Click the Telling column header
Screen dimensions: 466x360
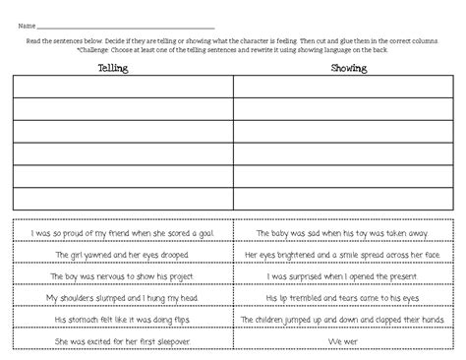pyautogui.click(x=120, y=69)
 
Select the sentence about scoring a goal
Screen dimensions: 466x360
pyautogui.click(x=123, y=233)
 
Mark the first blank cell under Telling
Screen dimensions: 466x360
pyautogui.click(x=123, y=87)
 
